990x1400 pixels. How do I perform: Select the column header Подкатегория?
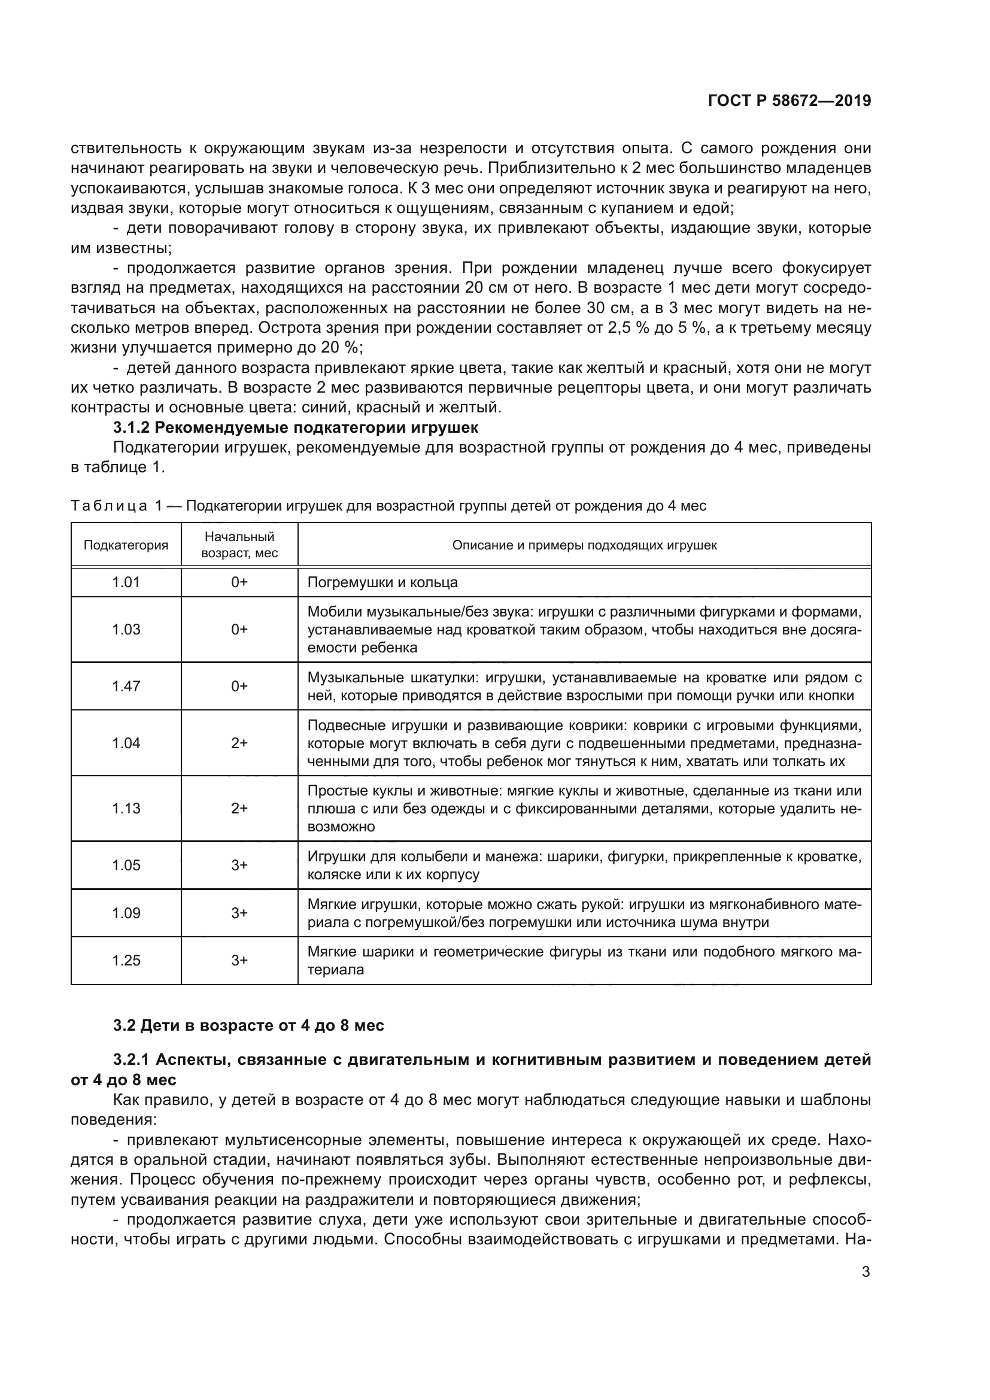(x=126, y=545)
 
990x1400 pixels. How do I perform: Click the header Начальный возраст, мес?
(x=239, y=545)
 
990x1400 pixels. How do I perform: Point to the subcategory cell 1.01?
(x=126, y=582)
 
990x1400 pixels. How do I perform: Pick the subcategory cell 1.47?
(x=126, y=687)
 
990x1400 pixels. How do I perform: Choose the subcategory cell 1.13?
(x=126, y=809)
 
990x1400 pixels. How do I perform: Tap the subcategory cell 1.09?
(x=126, y=913)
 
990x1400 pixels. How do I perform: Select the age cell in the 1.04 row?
(x=239, y=743)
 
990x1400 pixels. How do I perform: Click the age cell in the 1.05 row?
(x=239, y=865)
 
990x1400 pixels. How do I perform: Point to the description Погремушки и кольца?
(x=382, y=582)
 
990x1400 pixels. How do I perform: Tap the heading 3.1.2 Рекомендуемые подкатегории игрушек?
(x=296, y=427)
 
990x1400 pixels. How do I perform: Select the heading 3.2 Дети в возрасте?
(x=249, y=1026)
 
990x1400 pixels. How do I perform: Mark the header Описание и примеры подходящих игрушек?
(x=584, y=545)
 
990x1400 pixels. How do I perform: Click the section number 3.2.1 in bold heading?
(x=133, y=1060)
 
